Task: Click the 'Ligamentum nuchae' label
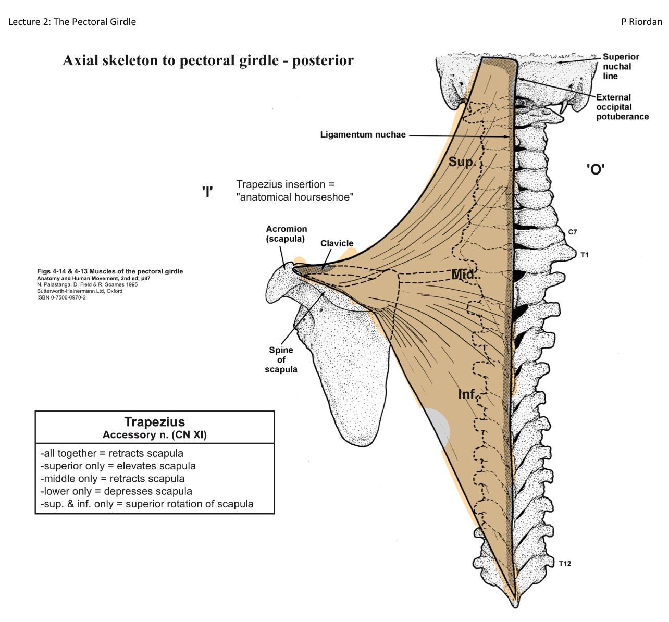(x=363, y=135)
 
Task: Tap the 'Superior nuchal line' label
(x=620, y=66)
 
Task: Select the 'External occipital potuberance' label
(x=622, y=107)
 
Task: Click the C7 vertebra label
(x=573, y=232)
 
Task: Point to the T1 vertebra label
(x=584, y=255)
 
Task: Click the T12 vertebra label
(x=565, y=564)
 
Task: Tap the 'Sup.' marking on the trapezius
(x=462, y=162)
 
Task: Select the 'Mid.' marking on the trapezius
(x=463, y=275)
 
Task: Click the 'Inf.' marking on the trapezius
(x=468, y=394)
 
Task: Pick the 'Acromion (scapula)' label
(x=286, y=234)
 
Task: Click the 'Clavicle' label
(x=337, y=243)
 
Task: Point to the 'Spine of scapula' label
(x=281, y=360)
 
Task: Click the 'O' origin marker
(x=595, y=169)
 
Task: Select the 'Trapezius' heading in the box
(x=154, y=422)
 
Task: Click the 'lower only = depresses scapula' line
(x=116, y=491)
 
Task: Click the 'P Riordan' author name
(x=641, y=22)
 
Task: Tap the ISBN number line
(x=61, y=298)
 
